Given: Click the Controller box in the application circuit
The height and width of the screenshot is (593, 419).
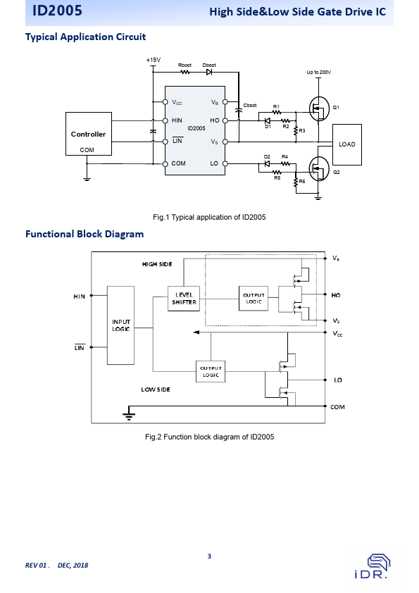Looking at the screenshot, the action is click(89, 134).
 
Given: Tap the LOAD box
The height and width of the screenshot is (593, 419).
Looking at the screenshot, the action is click(347, 144).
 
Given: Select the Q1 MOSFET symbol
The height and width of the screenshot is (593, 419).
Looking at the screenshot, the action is click(319, 109).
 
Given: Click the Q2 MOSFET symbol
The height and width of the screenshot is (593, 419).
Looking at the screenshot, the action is click(319, 168).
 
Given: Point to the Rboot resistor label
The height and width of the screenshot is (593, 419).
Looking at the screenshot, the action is click(185, 65).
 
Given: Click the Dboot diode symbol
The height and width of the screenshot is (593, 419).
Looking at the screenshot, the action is click(209, 72).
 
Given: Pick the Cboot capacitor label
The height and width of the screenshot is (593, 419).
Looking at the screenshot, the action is click(250, 105).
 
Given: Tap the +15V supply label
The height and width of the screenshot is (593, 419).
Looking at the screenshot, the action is click(154, 60).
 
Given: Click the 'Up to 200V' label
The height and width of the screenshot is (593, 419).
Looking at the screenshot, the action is click(319, 73).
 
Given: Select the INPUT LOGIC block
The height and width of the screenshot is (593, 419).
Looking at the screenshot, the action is click(120, 325).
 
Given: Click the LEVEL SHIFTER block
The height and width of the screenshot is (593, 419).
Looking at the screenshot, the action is click(184, 299).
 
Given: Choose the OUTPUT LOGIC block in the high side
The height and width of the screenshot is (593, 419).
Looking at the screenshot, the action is click(254, 299).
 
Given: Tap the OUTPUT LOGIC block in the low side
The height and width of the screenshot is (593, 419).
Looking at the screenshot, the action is click(211, 371).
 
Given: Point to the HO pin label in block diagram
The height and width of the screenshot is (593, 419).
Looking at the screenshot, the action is click(336, 295).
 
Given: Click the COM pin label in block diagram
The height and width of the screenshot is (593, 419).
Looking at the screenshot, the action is click(338, 407).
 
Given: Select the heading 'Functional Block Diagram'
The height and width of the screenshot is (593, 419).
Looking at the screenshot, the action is click(85, 234).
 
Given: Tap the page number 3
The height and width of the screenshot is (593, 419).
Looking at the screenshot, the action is click(210, 556).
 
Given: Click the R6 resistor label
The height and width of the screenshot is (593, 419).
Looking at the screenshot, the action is click(302, 182).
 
